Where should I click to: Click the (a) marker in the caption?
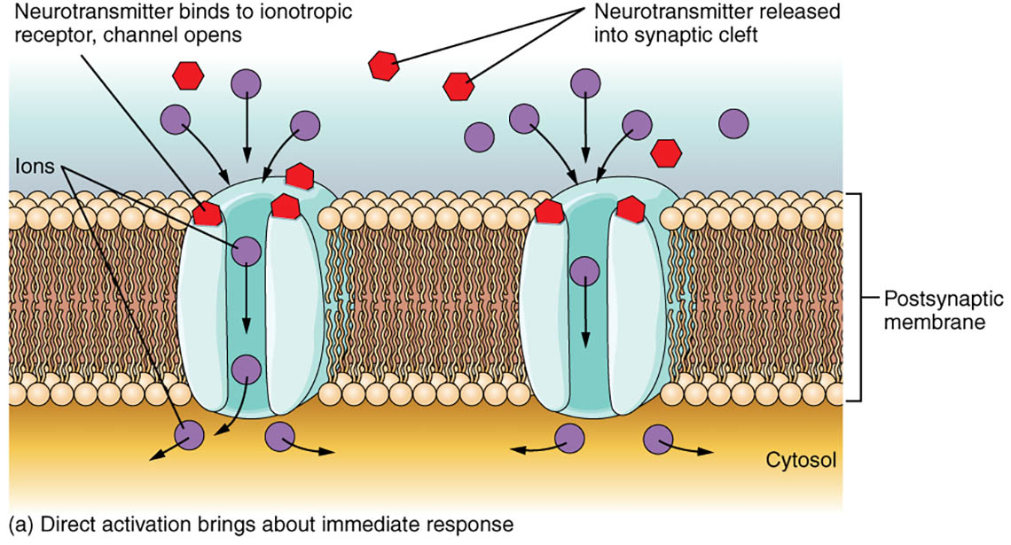pos(19,525)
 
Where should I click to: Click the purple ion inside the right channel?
pos(584,269)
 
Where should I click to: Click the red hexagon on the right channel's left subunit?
pos(549,212)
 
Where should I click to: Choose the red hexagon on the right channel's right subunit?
pos(631,209)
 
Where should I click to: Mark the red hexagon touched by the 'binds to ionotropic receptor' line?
pos(208,214)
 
